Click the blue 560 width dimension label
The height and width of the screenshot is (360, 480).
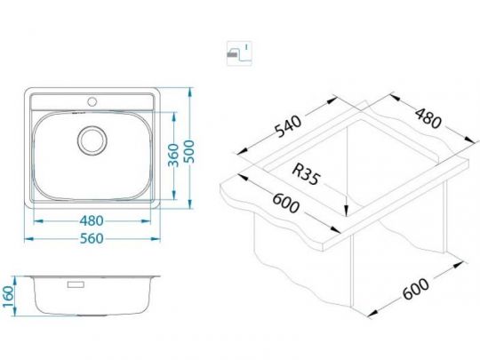[92, 239]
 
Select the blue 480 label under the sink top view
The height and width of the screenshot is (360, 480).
[92, 220]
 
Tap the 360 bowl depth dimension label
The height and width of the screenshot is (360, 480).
[173, 156]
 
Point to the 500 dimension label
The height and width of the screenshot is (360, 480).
[190, 151]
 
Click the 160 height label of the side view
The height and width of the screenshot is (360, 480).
[8, 297]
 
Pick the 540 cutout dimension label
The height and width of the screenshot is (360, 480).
[288, 126]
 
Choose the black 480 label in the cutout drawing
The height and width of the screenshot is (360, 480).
[428, 118]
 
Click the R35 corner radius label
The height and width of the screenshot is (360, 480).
[306, 174]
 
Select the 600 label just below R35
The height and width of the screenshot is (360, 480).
[285, 204]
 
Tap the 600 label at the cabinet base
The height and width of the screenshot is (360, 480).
[416, 289]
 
